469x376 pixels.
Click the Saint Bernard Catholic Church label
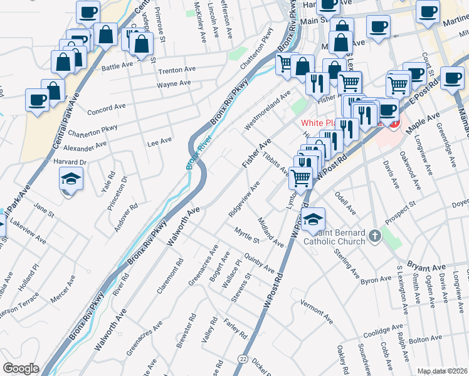[334, 236]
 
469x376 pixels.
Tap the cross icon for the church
[374, 236]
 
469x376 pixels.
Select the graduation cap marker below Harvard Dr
[71, 180]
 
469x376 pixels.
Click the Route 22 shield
[242, 358]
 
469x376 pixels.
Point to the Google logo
[21, 368]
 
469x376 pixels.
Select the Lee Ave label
[159, 142]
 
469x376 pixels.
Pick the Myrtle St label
[247, 236]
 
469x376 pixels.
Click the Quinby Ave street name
[260, 263]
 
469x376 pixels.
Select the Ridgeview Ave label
[245, 199]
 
